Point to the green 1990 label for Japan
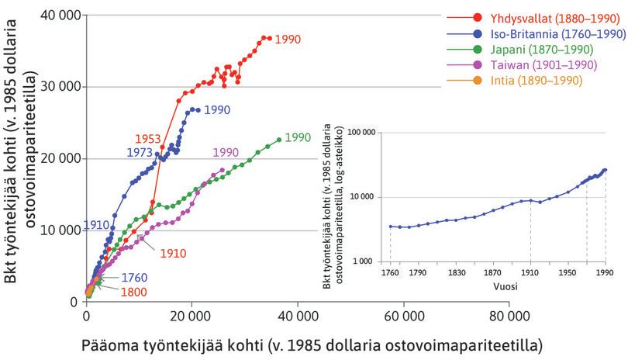pos(297,137)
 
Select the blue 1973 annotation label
pos(139,153)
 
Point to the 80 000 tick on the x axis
pos(509,317)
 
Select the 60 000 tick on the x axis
pos(403,317)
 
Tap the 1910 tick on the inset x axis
pos(530,273)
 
